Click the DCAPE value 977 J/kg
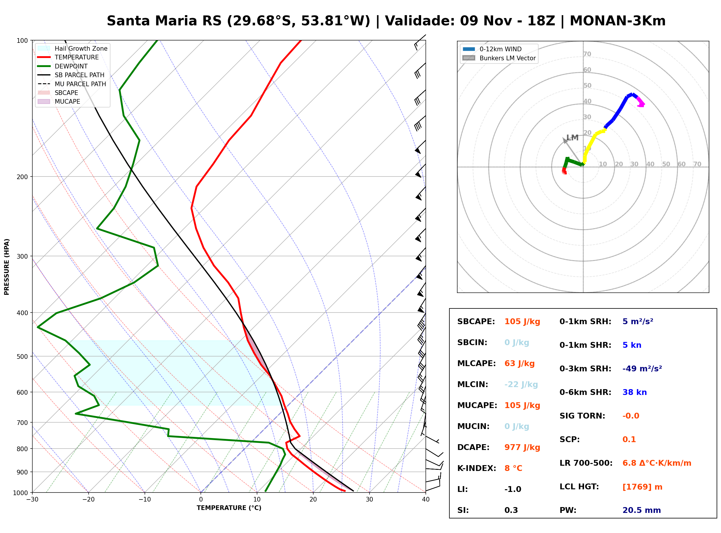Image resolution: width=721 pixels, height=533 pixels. click(522, 447)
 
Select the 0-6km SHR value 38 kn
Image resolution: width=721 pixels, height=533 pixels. click(634, 392)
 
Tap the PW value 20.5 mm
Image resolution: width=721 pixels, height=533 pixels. click(642, 510)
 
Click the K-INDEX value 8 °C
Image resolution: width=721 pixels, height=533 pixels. click(513, 468)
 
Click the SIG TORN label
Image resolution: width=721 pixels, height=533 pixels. click(582, 416)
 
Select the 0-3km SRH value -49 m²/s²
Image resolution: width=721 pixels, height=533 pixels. click(642, 368)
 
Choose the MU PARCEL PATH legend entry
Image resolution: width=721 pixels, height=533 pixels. click(72, 84)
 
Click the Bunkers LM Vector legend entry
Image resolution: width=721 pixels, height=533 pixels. click(499, 58)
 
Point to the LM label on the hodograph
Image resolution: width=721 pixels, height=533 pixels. click(572, 138)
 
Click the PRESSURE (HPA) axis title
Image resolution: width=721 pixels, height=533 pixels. click(7, 266)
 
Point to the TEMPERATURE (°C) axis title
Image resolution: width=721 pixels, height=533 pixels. click(229, 508)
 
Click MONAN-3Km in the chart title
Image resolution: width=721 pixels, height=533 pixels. click(618, 21)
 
